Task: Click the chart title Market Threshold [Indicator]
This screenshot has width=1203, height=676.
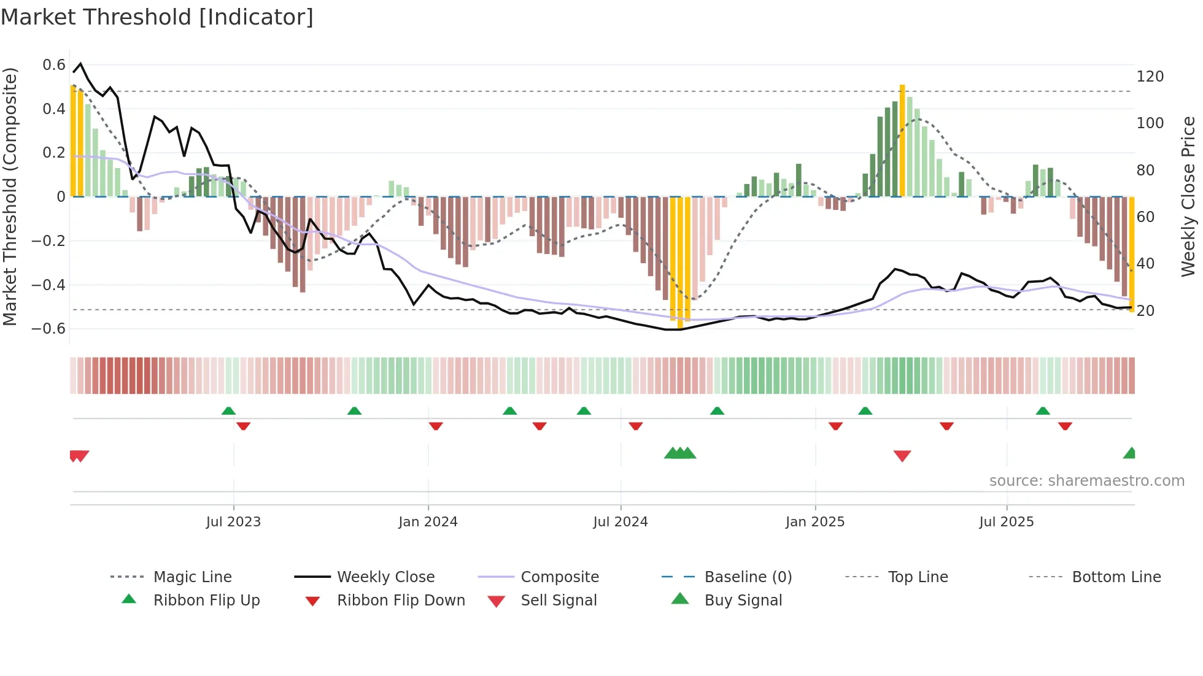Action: click(x=157, y=17)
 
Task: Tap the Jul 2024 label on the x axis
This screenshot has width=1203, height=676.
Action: click(x=620, y=522)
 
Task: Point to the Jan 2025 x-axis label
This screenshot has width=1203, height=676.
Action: click(x=814, y=522)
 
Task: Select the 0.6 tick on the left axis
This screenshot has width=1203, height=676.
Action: click(x=54, y=65)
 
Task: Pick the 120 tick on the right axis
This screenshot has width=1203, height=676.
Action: click(x=1150, y=77)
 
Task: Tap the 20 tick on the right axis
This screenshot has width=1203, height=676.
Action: click(x=1145, y=311)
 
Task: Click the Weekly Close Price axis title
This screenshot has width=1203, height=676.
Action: click(x=1188, y=196)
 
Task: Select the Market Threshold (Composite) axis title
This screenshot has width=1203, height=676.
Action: click(x=10, y=196)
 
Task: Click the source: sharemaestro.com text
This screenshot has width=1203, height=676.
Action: click(x=1086, y=481)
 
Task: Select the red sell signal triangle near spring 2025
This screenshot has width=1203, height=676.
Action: click(x=902, y=456)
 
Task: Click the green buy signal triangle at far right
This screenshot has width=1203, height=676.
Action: click(x=1130, y=453)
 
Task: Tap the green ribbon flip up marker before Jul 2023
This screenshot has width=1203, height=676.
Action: click(x=228, y=410)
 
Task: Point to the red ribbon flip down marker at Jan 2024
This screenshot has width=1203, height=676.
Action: click(x=436, y=426)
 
